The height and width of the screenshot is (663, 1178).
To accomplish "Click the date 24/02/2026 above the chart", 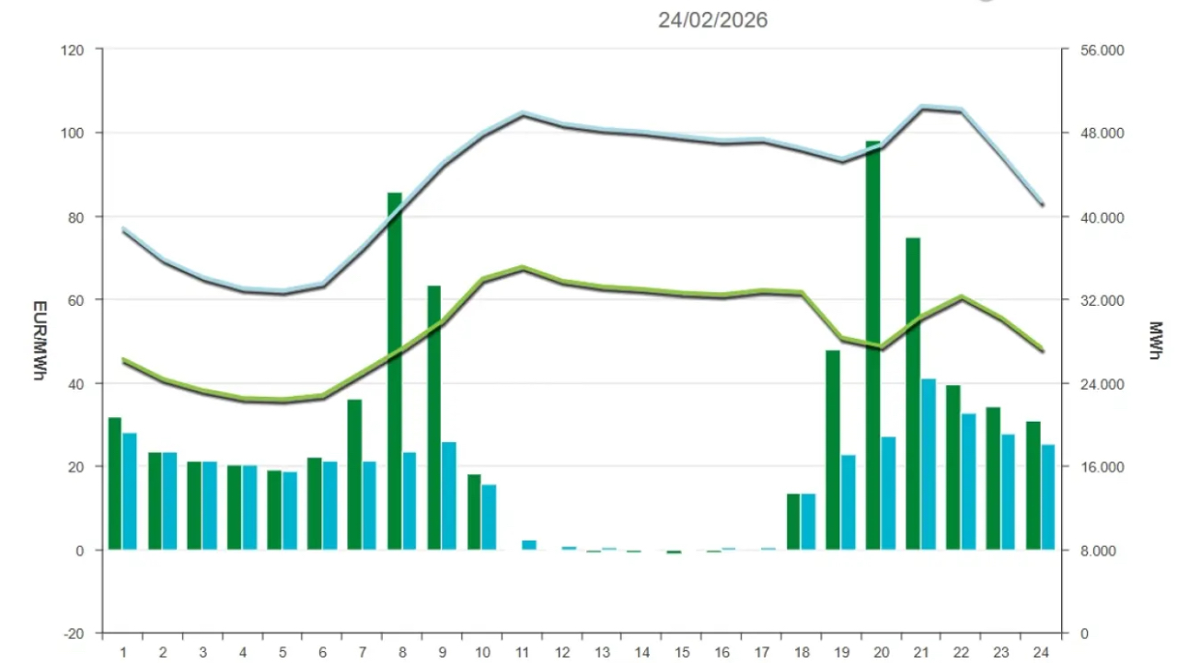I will (x=712, y=19).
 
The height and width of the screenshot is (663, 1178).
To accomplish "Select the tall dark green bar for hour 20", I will (x=873, y=345).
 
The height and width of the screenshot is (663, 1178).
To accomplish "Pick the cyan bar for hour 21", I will (x=929, y=464).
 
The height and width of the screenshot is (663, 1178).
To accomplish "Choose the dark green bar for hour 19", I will (x=833, y=449).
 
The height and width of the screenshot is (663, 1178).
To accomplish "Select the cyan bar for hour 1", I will (x=130, y=491).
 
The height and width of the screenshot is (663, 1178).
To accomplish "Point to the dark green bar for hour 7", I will (x=354, y=474).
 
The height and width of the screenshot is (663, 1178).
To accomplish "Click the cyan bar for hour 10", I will (x=489, y=517).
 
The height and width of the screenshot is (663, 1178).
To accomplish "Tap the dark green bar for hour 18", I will (x=793, y=521).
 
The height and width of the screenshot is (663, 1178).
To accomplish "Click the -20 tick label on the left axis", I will (x=75, y=634).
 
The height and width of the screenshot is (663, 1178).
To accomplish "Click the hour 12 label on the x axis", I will (x=563, y=652).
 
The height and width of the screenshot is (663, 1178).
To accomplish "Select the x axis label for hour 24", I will (x=1041, y=652).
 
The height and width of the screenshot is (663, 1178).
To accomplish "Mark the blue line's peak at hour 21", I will (x=923, y=108).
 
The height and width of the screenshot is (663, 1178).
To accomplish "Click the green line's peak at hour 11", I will (x=523, y=268).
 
